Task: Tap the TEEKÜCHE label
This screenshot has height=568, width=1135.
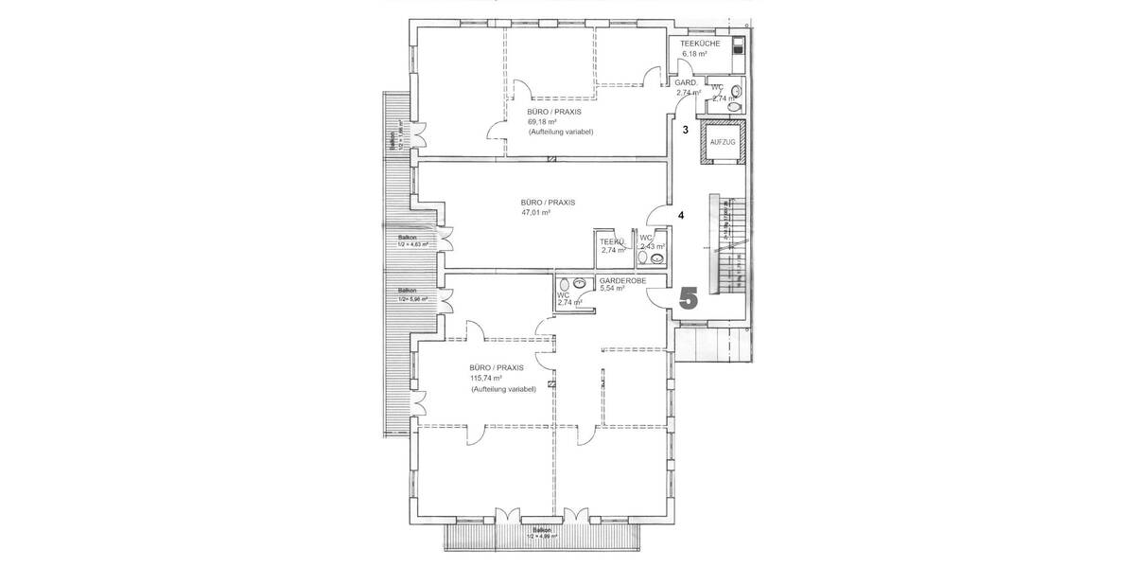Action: [x=701, y=44]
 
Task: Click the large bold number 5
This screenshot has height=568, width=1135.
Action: [x=688, y=297]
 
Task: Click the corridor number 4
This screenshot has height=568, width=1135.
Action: [x=681, y=215]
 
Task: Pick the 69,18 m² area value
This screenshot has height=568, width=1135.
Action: [x=542, y=121]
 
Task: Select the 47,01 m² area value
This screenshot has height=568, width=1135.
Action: [x=535, y=213]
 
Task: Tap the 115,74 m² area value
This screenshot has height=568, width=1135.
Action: [x=485, y=378]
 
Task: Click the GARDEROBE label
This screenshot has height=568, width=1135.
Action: [x=622, y=280]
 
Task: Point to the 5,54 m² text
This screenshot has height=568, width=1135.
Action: [x=613, y=289]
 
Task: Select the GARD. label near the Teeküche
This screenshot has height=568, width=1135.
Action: [x=687, y=83]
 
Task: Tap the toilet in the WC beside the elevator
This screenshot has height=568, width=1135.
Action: [x=737, y=91]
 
